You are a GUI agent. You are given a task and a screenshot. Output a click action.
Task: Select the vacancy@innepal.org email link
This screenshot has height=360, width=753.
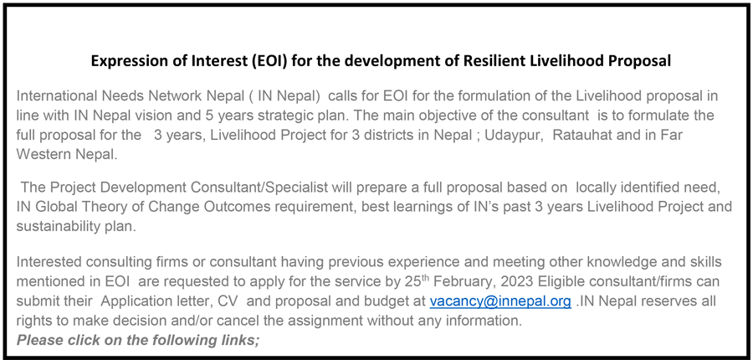click(x=500, y=301)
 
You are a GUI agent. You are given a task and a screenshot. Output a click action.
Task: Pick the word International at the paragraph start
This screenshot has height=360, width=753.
click(x=57, y=96)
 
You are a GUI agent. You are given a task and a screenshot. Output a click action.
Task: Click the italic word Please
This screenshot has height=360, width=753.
click(x=40, y=340)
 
